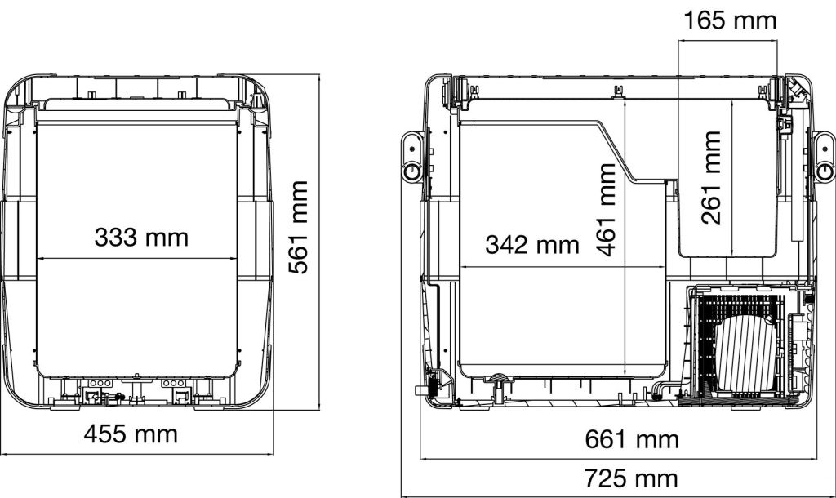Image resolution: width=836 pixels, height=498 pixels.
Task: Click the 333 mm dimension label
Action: pos(141,238)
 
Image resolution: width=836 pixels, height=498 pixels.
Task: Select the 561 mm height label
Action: pos(299,227)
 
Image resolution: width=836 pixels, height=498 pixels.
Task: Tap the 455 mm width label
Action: pos(131,434)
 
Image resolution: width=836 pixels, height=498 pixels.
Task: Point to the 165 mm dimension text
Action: pos(730,20)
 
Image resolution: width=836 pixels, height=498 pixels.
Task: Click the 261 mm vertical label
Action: pos(712,177)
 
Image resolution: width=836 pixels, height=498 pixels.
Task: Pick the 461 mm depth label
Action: pos(607,210)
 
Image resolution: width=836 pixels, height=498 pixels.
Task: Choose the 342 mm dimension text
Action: pos(532,245)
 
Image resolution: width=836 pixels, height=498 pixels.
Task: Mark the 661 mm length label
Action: pos(632,440)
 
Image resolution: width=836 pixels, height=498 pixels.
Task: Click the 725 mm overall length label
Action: pos(632,478)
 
